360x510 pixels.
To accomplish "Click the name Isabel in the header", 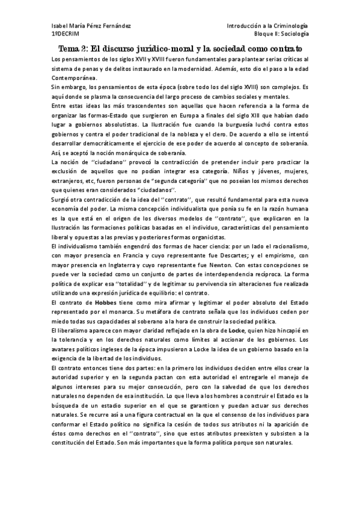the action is tap(61, 26).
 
